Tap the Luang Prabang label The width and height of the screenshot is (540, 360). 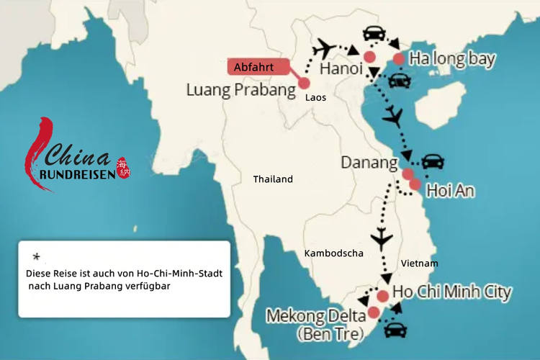[x=240, y=91]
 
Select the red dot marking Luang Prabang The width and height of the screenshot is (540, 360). [x=305, y=83]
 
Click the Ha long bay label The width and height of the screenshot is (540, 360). [x=452, y=59]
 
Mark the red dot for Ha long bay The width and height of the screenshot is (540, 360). [x=398, y=59]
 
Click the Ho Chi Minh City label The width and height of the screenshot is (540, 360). [x=452, y=292]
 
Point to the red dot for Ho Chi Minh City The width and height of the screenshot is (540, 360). [x=382, y=296]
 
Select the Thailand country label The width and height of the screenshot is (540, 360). [x=273, y=179]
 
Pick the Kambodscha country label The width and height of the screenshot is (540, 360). [x=333, y=253]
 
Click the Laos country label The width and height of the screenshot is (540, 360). [x=315, y=96]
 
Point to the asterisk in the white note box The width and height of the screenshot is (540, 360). [x=36, y=257]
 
